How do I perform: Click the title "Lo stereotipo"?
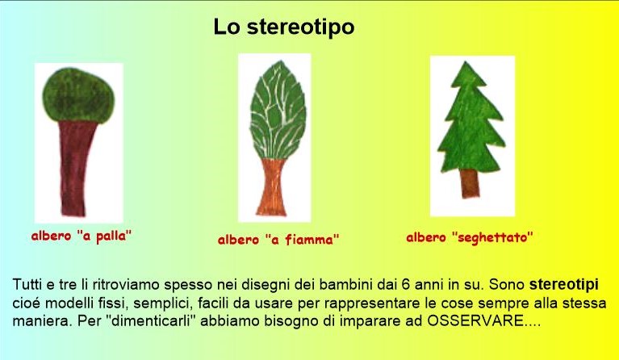(284, 27)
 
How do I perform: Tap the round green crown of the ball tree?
(78, 95)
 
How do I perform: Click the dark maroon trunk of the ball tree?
(77, 169)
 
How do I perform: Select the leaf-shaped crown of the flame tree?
(278, 110)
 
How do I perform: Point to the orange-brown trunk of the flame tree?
(272, 187)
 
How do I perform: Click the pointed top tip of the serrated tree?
(466, 62)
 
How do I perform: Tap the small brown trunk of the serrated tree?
(470, 183)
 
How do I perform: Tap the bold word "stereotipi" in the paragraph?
(564, 285)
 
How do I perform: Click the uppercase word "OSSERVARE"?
(475, 320)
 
